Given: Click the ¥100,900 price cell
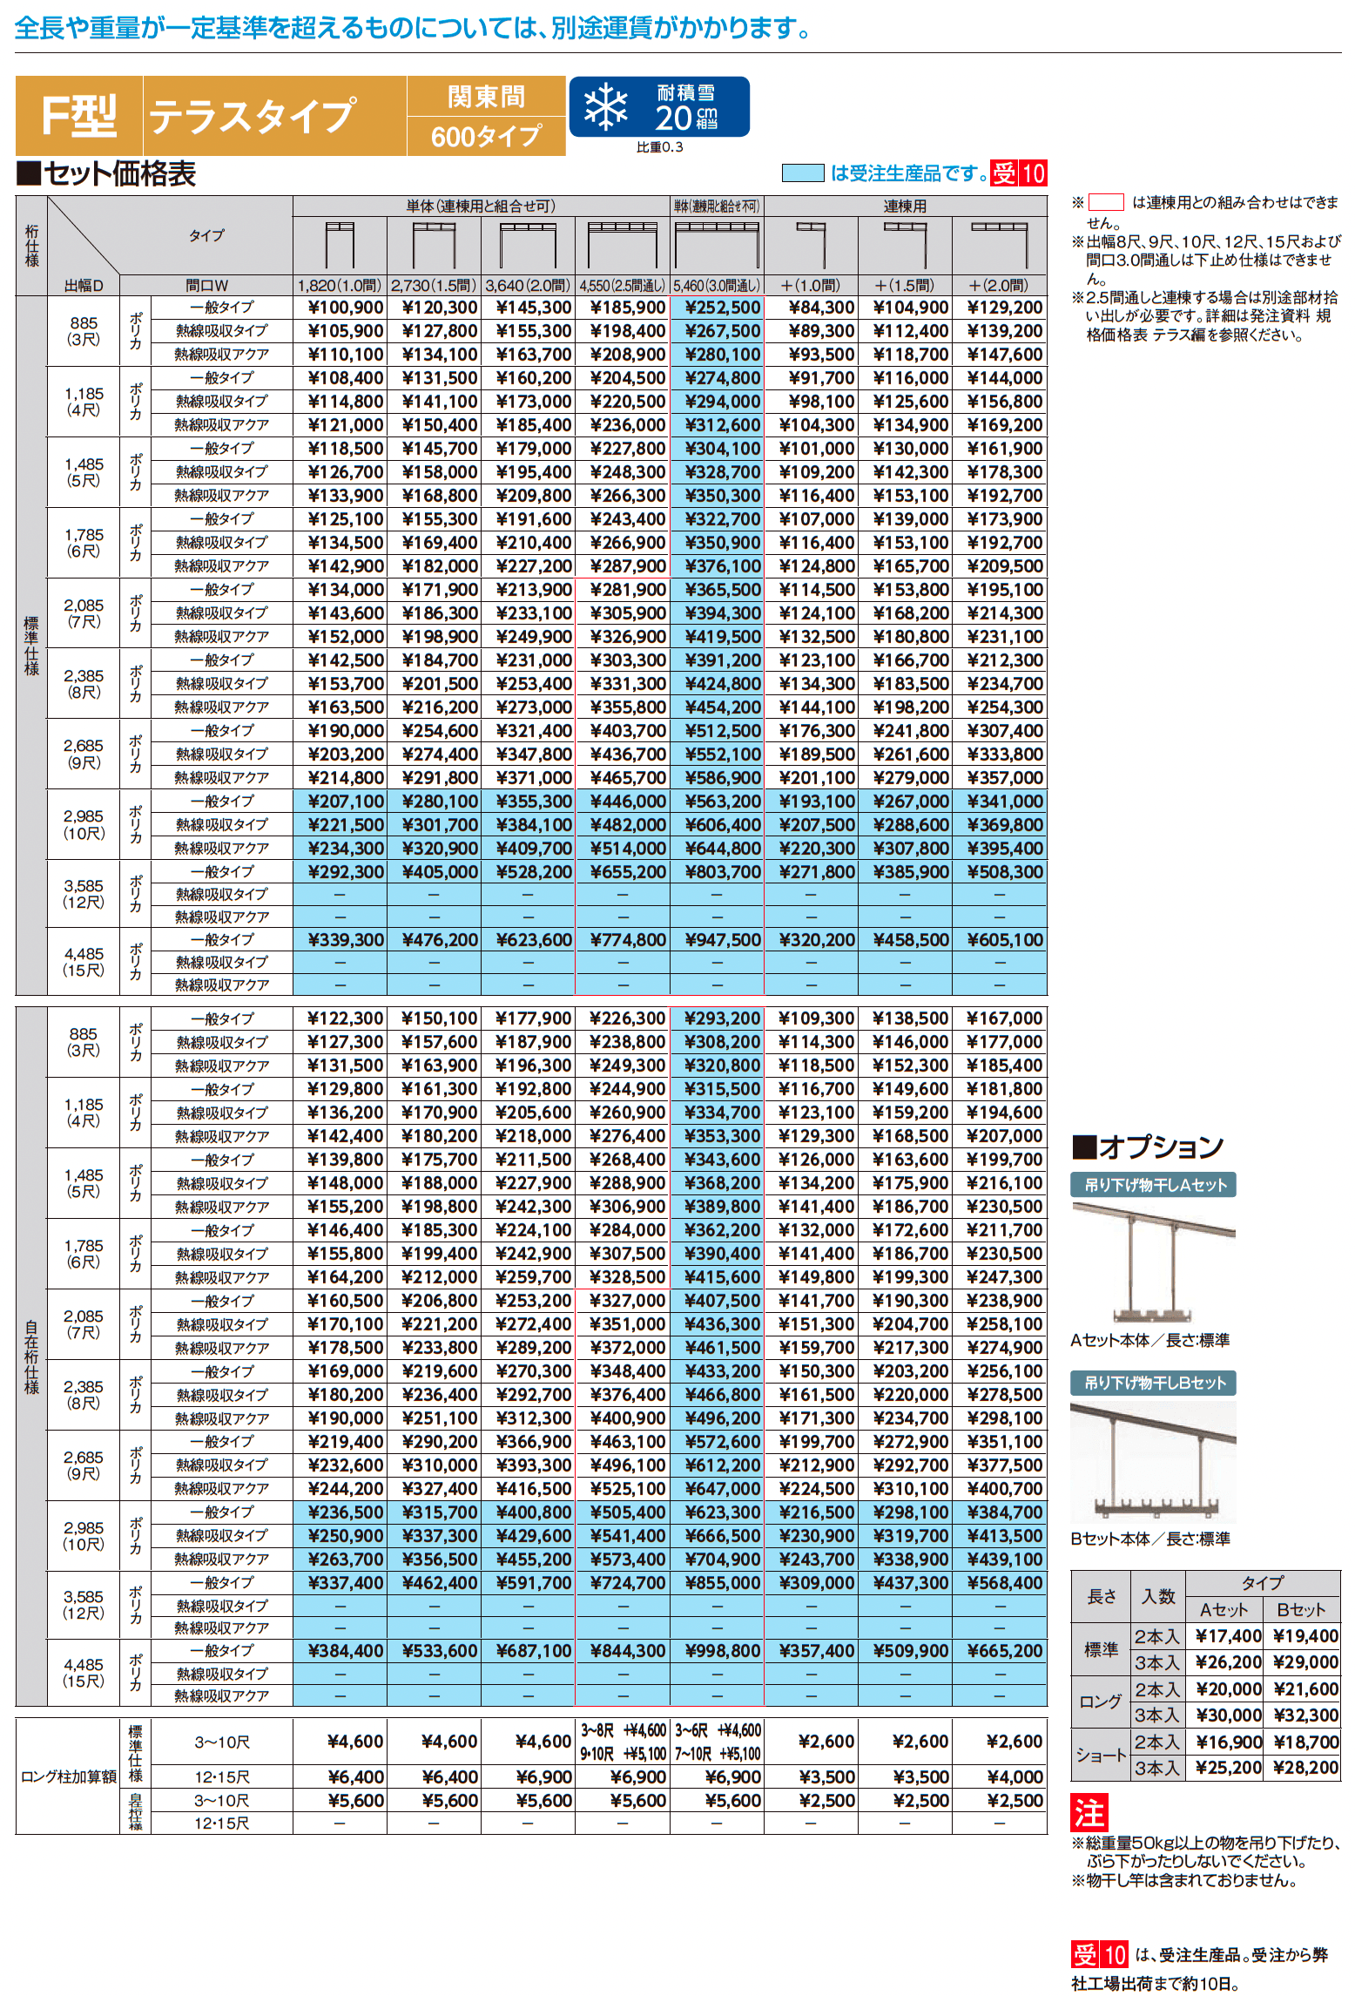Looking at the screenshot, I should click(x=346, y=308).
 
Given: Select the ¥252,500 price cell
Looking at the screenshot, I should click(x=722, y=308).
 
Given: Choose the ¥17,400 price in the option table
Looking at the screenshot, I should click(x=1228, y=1636).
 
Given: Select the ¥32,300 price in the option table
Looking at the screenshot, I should click(x=1305, y=1715).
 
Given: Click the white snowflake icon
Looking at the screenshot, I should click(x=605, y=107).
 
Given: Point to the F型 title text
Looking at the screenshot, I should click(x=79, y=116).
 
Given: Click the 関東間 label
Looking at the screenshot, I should click(x=486, y=97).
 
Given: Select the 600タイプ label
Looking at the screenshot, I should click(x=486, y=137).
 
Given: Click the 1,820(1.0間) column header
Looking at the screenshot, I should click(x=340, y=286).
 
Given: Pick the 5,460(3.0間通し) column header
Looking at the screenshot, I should click(x=717, y=286).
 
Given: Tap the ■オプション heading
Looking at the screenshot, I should click(x=1147, y=1147).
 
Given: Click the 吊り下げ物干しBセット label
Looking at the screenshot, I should click(x=1154, y=1383).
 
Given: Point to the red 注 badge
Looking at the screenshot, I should click(x=1089, y=1813).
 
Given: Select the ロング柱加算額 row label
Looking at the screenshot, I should click(x=68, y=1777).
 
